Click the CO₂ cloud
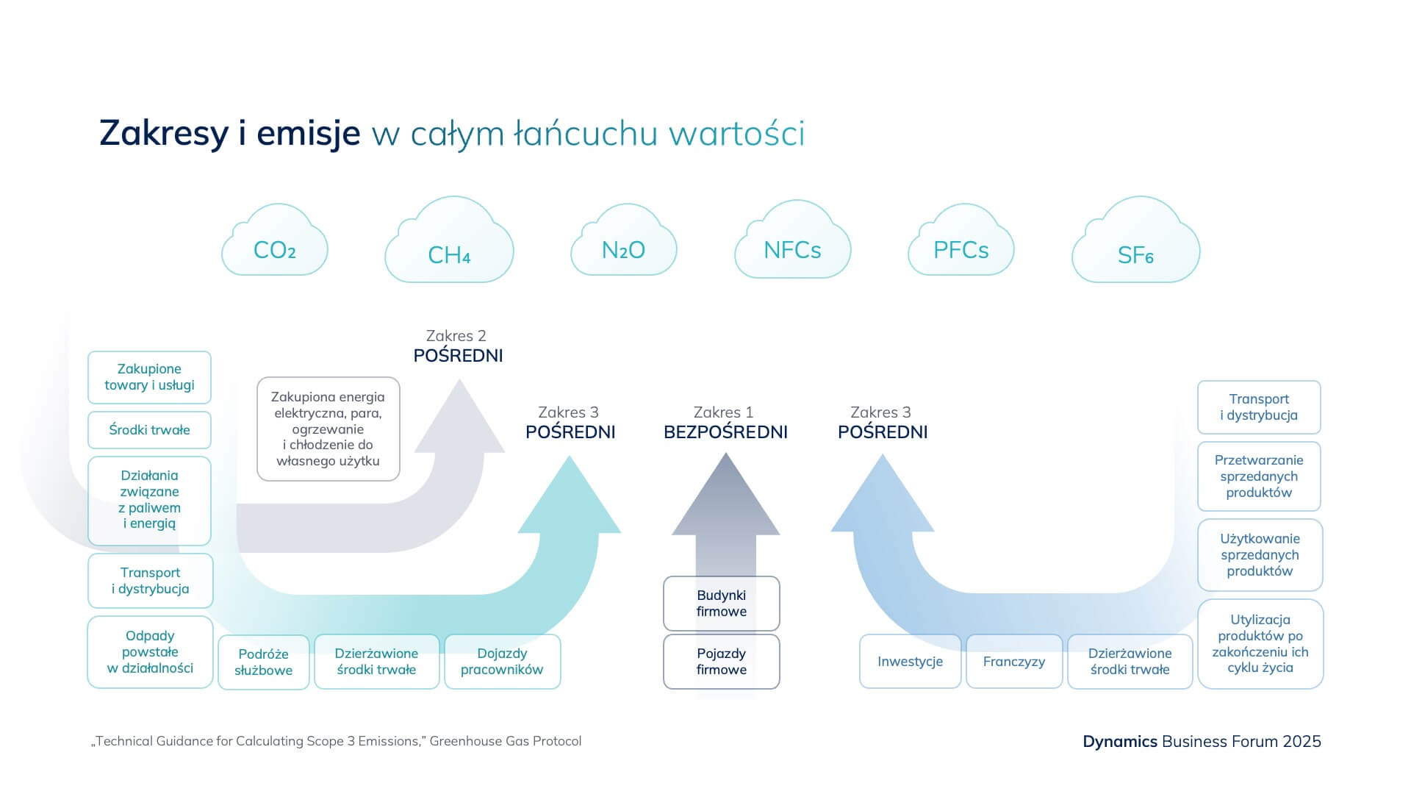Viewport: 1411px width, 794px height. pyautogui.click(x=275, y=246)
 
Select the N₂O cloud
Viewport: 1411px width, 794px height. pyautogui.click(x=623, y=246)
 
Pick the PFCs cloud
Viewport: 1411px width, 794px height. pyautogui.click(x=961, y=246)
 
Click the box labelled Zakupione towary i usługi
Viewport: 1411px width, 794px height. pyautogui.click(x=149, y=377)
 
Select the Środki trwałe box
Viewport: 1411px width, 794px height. pyautogui.click(x=149, y=430)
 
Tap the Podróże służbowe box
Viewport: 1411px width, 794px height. pyautogui.click(x=263, y=662)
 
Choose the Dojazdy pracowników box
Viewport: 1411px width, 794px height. pyautogui.click(x=502, y=662)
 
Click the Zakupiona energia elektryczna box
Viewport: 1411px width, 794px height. pyautogui.click(x=328, y=429)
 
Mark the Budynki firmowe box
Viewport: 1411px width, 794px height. pyautogui.click(x=721, y=603)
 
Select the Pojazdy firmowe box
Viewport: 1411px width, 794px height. pyautogui.click(x=721, y=662)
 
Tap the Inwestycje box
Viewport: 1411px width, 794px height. pyautogui.click(x=910, y=662)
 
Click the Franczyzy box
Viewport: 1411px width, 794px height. pyautogui.click(x=1014, y=662)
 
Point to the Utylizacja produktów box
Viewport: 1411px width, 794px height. pyautogui.click(x=1260, y=644)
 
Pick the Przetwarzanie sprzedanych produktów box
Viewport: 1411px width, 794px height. pyautogui.click(x=1259, y=476)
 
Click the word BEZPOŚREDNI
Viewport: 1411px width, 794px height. pyautogui.click(x=725, y=432)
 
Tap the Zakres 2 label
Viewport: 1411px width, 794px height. pyautogui.click(x=456, y=336)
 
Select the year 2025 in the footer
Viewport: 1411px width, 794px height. pyautogui.click(x=1302, y=741)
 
